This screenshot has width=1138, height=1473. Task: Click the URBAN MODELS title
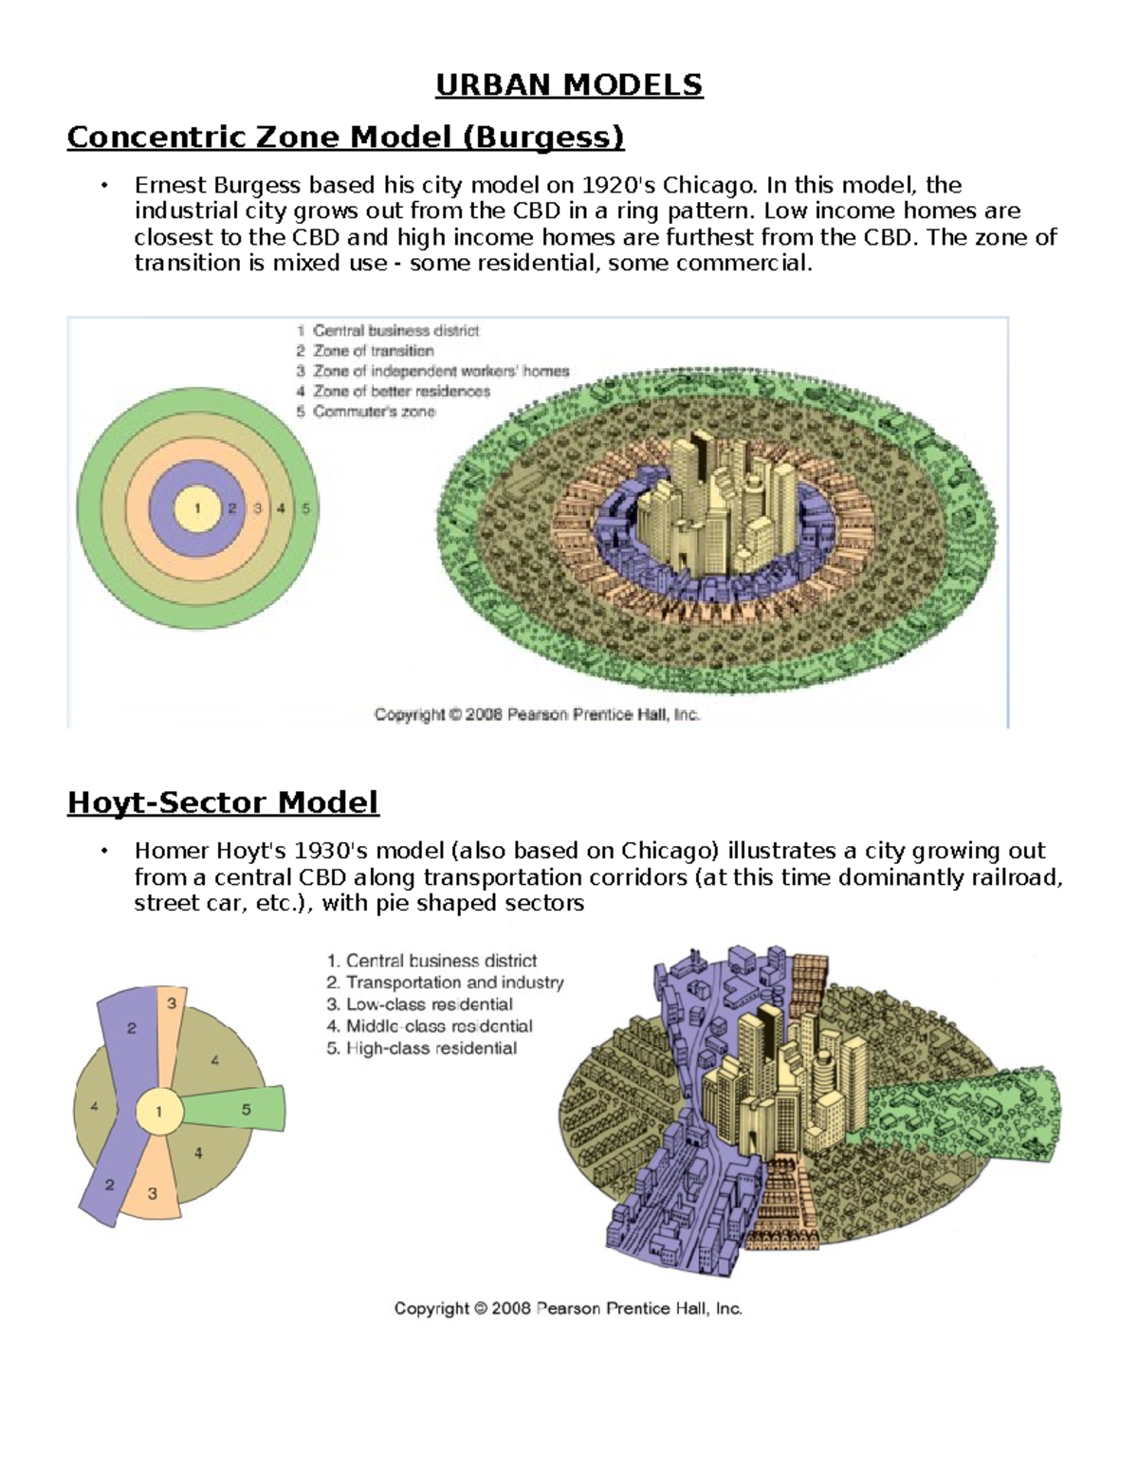pos(569,85)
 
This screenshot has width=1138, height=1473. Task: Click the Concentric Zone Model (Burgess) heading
pos(345,138)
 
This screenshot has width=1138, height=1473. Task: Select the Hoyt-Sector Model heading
pos(223,802)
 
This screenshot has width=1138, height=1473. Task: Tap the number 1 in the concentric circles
pos(197,508)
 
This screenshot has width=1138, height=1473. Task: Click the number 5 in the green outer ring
pos(305,508)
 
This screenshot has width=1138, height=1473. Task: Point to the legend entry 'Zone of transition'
pos(373,351)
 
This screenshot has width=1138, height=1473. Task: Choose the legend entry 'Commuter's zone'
pos(374,412)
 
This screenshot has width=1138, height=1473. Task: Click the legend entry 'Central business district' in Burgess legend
pos(395,331)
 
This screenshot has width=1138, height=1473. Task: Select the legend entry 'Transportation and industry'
pos(454,983)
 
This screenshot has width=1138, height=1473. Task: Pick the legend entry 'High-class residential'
pos(431,1048)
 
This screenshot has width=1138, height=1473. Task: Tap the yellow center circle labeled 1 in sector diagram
pos(158,1112)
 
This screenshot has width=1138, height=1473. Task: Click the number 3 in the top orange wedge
pos(172,1003)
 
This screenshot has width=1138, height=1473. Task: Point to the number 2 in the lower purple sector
pos(110,1185)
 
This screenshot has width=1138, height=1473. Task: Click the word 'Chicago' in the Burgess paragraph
pos(708,185)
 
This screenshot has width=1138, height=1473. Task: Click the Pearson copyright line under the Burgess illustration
pos(537,714)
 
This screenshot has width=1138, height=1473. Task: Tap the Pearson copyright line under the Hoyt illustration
pos(568,1309)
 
